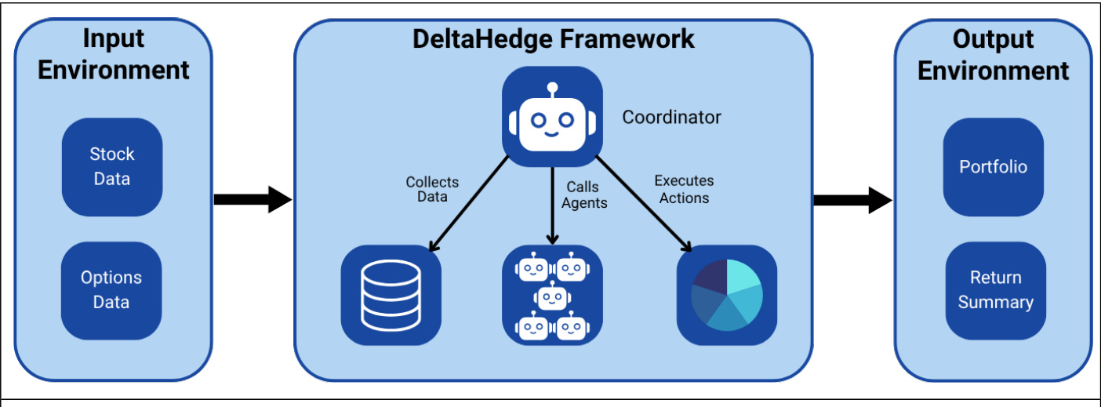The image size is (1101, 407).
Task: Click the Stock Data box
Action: pos(111,166)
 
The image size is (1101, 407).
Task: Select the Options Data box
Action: pos(111,289)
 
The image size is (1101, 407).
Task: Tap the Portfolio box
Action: pos(993,166)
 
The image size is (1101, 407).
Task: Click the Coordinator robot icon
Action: pos(552,117)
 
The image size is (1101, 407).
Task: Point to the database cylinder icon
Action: pos(391,294)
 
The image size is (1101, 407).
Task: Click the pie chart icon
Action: pos(726,295)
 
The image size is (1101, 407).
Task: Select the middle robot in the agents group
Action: pos(552,296)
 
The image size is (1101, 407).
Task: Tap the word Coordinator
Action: pos(671,118)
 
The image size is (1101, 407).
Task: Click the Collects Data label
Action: pos(432,189)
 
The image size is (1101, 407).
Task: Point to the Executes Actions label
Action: pos(684,189)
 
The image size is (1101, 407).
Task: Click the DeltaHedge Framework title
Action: pos(554,38)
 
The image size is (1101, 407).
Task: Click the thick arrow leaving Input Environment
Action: pos(252,199)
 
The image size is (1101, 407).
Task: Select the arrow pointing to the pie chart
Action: pos(643,202)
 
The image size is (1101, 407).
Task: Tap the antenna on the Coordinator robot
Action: pos(552,89)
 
